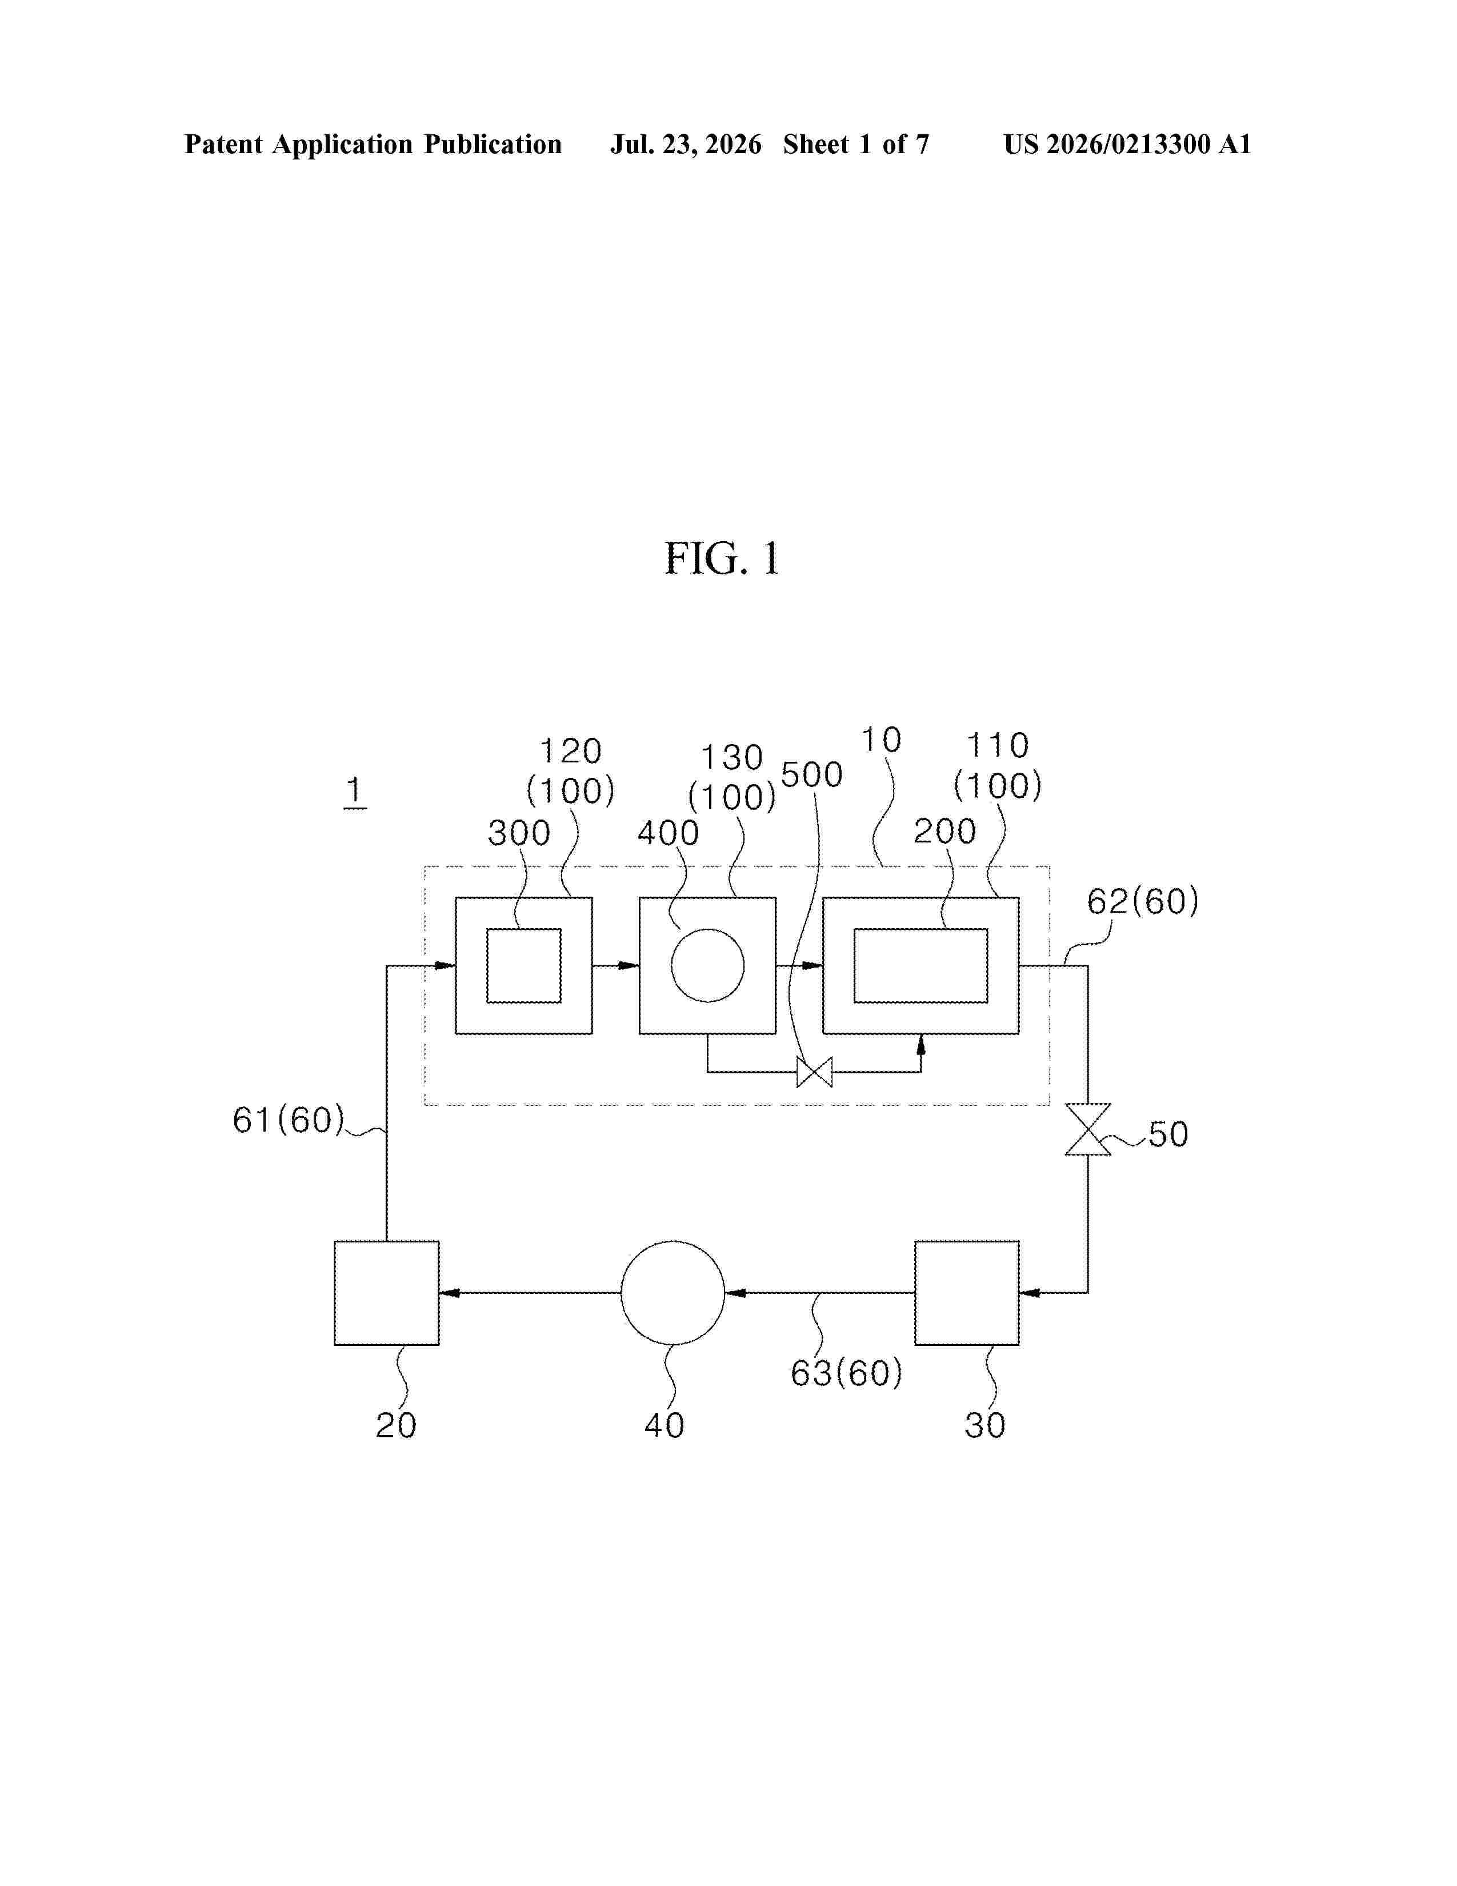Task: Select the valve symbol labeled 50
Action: pyautogui.click(x=1087, y=1129)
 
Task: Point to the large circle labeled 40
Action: pyautogui.click(x=673, y=1293)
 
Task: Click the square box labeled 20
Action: pyautogui.click(x=387, y=1293)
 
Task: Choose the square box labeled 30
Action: pyautogui.click(x=967, y=1293)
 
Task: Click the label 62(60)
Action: pyautogui.click(x=1143, y=901)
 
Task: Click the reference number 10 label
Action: pyautogui.click(x=881, y=740)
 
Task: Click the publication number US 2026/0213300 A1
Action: pyautogui.click(x=1127, y=144)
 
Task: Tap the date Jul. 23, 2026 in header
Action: pyautogui.click(x=686, y=144)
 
